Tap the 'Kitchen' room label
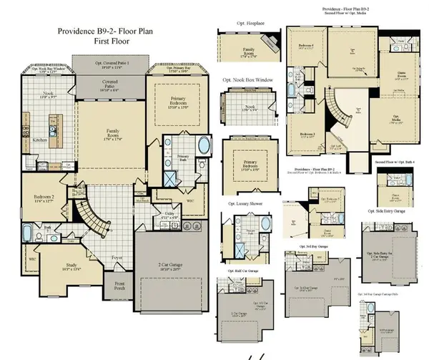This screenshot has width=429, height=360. pyautogui.click(x=40, y=141)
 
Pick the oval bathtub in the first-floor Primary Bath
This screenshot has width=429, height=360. pyautogui.click(x=203, y=147)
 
